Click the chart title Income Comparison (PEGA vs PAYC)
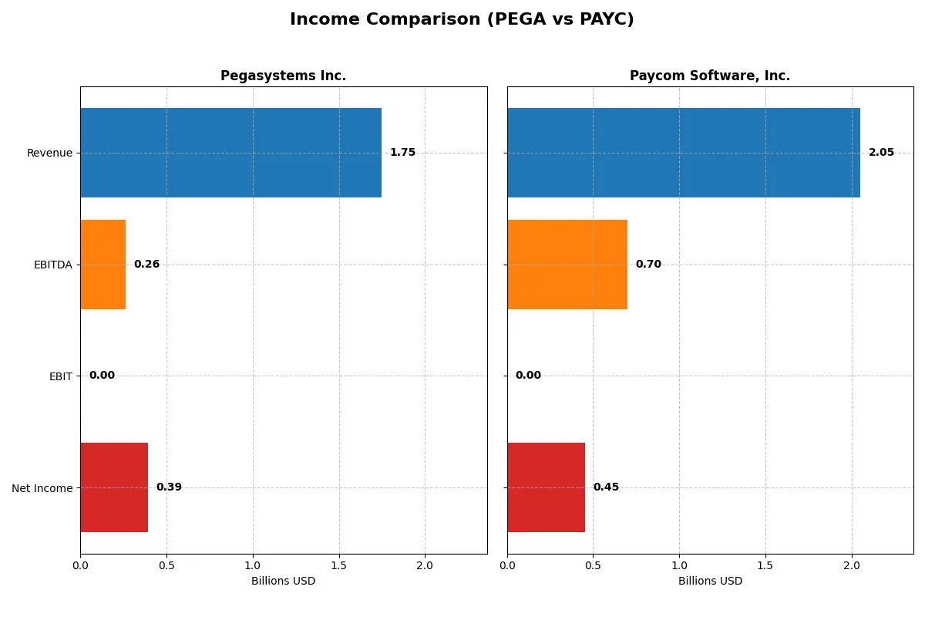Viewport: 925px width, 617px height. click(x=462, y=20)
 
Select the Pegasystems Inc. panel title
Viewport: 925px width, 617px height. click(x=283, y=76)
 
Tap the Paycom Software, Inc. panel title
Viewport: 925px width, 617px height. click(x=709, y=76)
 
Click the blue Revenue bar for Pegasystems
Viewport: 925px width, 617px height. click(x=230, y=153)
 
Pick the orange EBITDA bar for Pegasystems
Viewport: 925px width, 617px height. click(x=103, y=265)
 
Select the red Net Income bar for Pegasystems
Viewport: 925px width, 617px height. click(x=114, y=487)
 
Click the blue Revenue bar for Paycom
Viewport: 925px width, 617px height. click(x=683, y=153)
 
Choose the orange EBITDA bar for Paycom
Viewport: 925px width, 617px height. click(x=567, y=265)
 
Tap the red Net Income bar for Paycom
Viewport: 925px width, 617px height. click(x=546, y=487)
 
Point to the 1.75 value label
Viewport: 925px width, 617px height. click(x=402, y=153)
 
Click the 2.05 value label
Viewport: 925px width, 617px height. click(x=881, y=153)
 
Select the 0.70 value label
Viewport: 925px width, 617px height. click(x=648, y=265)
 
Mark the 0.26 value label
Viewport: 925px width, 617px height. click(x=146, y=265)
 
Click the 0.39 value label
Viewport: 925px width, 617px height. click(x=169, y=487)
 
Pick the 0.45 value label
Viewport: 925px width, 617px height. click(x=606, y=487)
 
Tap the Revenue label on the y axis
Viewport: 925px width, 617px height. click(x=49, y=153)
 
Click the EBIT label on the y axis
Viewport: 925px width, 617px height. click(x=60, y=376)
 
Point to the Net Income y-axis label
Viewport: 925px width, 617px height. click(x=42, y=487)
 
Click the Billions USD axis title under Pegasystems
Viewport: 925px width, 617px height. click(x=283, y=582)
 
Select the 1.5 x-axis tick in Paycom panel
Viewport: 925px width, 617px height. click(x=765, y=566)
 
